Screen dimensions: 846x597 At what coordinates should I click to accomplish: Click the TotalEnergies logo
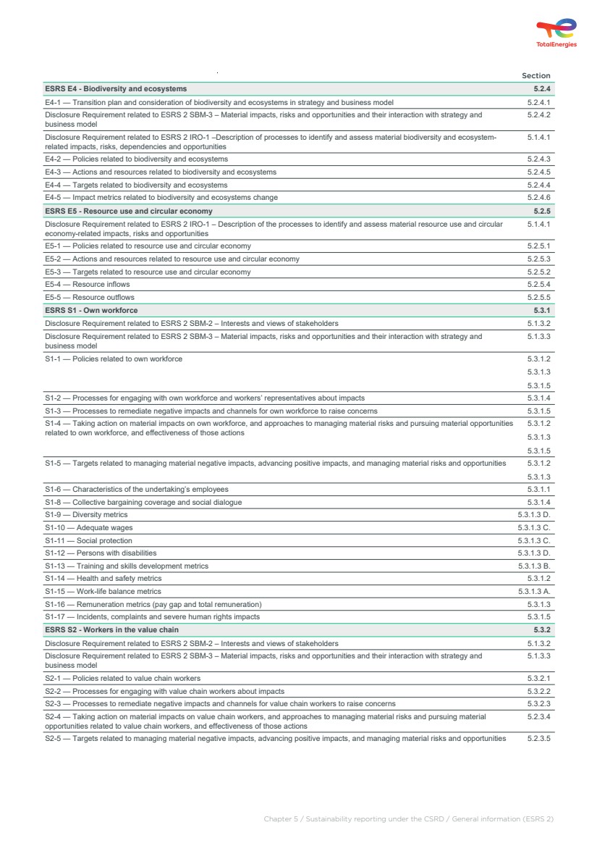point(556,33)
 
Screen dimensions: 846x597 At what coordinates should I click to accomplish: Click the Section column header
point(535,75)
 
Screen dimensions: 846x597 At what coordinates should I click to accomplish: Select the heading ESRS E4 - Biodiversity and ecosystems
point(116,89)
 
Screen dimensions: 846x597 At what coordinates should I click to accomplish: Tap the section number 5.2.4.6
point(539,197)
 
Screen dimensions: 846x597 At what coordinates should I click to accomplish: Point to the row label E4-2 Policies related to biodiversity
point(136,159)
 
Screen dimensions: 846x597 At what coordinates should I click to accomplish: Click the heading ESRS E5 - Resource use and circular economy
point(129,211)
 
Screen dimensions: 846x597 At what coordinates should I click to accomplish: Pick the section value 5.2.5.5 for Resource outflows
point(539,297)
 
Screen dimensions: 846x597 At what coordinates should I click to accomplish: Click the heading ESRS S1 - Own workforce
point(91,310)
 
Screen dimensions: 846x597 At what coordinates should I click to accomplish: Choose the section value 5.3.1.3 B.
point(534,566)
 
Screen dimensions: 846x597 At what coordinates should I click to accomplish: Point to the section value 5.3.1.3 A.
point(534,592)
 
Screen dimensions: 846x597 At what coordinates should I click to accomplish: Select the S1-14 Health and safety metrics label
point(103,579)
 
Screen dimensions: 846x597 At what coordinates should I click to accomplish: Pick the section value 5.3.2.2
point(539,691)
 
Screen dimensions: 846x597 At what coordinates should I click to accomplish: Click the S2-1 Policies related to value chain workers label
point(123,679)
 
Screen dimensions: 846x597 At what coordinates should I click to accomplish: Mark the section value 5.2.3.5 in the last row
point(539,739)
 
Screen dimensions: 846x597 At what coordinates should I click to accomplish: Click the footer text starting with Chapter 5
point(408,819)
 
